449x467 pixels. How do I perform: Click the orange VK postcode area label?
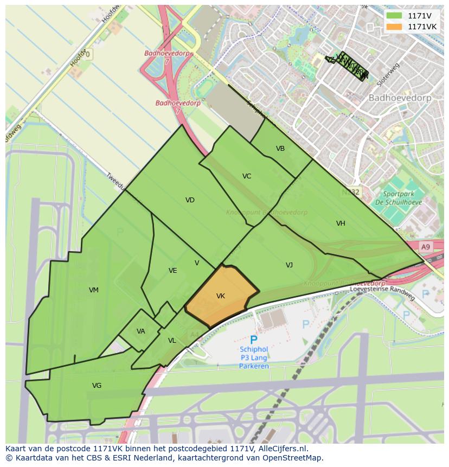coord(221,296)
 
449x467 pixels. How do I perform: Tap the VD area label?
coord(190,200)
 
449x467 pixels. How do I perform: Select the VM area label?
coord(94,290)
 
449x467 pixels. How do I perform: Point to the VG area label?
coord(97,386)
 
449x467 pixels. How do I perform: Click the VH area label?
coord(341,223)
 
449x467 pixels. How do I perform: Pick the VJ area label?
coord(289,265)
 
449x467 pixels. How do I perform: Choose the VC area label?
coord(247,176)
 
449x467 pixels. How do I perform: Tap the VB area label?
coord(280,149)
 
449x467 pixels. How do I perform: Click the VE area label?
coord(172,271)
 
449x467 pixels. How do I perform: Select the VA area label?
coord(141,331)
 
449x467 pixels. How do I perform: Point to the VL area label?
coord(172,341)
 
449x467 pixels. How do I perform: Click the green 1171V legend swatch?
coord(394,16)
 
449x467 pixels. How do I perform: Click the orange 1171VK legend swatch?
coord(394,27)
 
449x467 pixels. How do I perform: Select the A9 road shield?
coord(425,247)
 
